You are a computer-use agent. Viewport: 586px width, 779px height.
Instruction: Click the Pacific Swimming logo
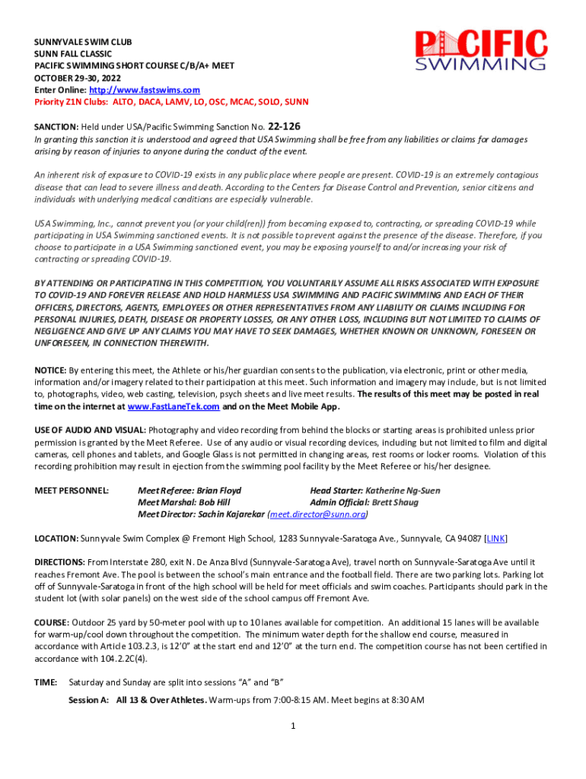[481, 50]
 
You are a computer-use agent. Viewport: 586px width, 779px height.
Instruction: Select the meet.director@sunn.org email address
[319, 514]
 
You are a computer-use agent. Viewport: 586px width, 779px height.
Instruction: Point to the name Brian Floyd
[218, 491]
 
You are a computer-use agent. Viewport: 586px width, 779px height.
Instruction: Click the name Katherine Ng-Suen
[403, 491]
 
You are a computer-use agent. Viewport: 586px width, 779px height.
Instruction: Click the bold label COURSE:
[54, 622]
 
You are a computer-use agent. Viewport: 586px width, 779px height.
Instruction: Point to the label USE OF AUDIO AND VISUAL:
[91, 431]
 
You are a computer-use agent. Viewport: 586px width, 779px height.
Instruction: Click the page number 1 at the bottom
[293, 726]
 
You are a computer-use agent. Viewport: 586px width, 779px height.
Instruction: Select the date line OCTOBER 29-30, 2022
[77, 78]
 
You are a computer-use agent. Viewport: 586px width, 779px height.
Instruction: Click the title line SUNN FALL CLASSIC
[73, 54]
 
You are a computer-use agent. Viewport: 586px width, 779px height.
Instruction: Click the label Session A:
[88, 700]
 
